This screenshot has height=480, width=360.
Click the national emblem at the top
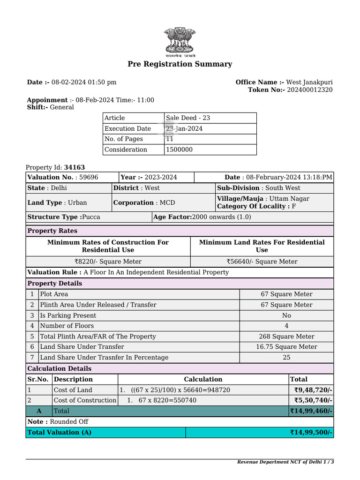pyautogui.click(x=180, y=41)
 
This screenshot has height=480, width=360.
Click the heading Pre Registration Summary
pyautogui.click(x=180, y=64)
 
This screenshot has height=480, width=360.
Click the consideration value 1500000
pyautogui.click(x=179, y=150)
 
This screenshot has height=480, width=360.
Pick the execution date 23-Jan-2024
pyautogui.click(x=184, y=129)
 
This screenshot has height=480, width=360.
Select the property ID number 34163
pyautogui.click(x=75, y=167)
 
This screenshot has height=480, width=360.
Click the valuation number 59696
pyautogui.click(x=89, y=177)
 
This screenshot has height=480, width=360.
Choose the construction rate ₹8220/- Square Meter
pyautogui.click(x=108, y=262)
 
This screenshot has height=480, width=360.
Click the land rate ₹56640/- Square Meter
pyautogui.click(x=262, y=262)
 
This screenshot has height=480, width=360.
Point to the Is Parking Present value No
pyautogui.click(x=286, y=315)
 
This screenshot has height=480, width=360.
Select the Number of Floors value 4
pyautogui.click(x=286, y=326)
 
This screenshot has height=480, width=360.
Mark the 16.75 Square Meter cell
pyautogui.click(x=286, y=347)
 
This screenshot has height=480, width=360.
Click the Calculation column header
pyautogui.click(x=203, y=379)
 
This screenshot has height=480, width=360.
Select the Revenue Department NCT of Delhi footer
pyautogui.click(x=285, y=462)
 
